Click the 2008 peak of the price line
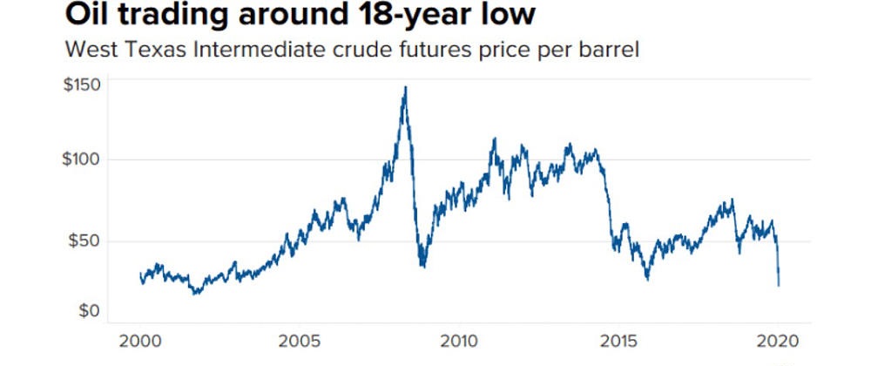(405, 87)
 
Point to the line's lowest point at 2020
(778, 285)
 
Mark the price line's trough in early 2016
(647, 279)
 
